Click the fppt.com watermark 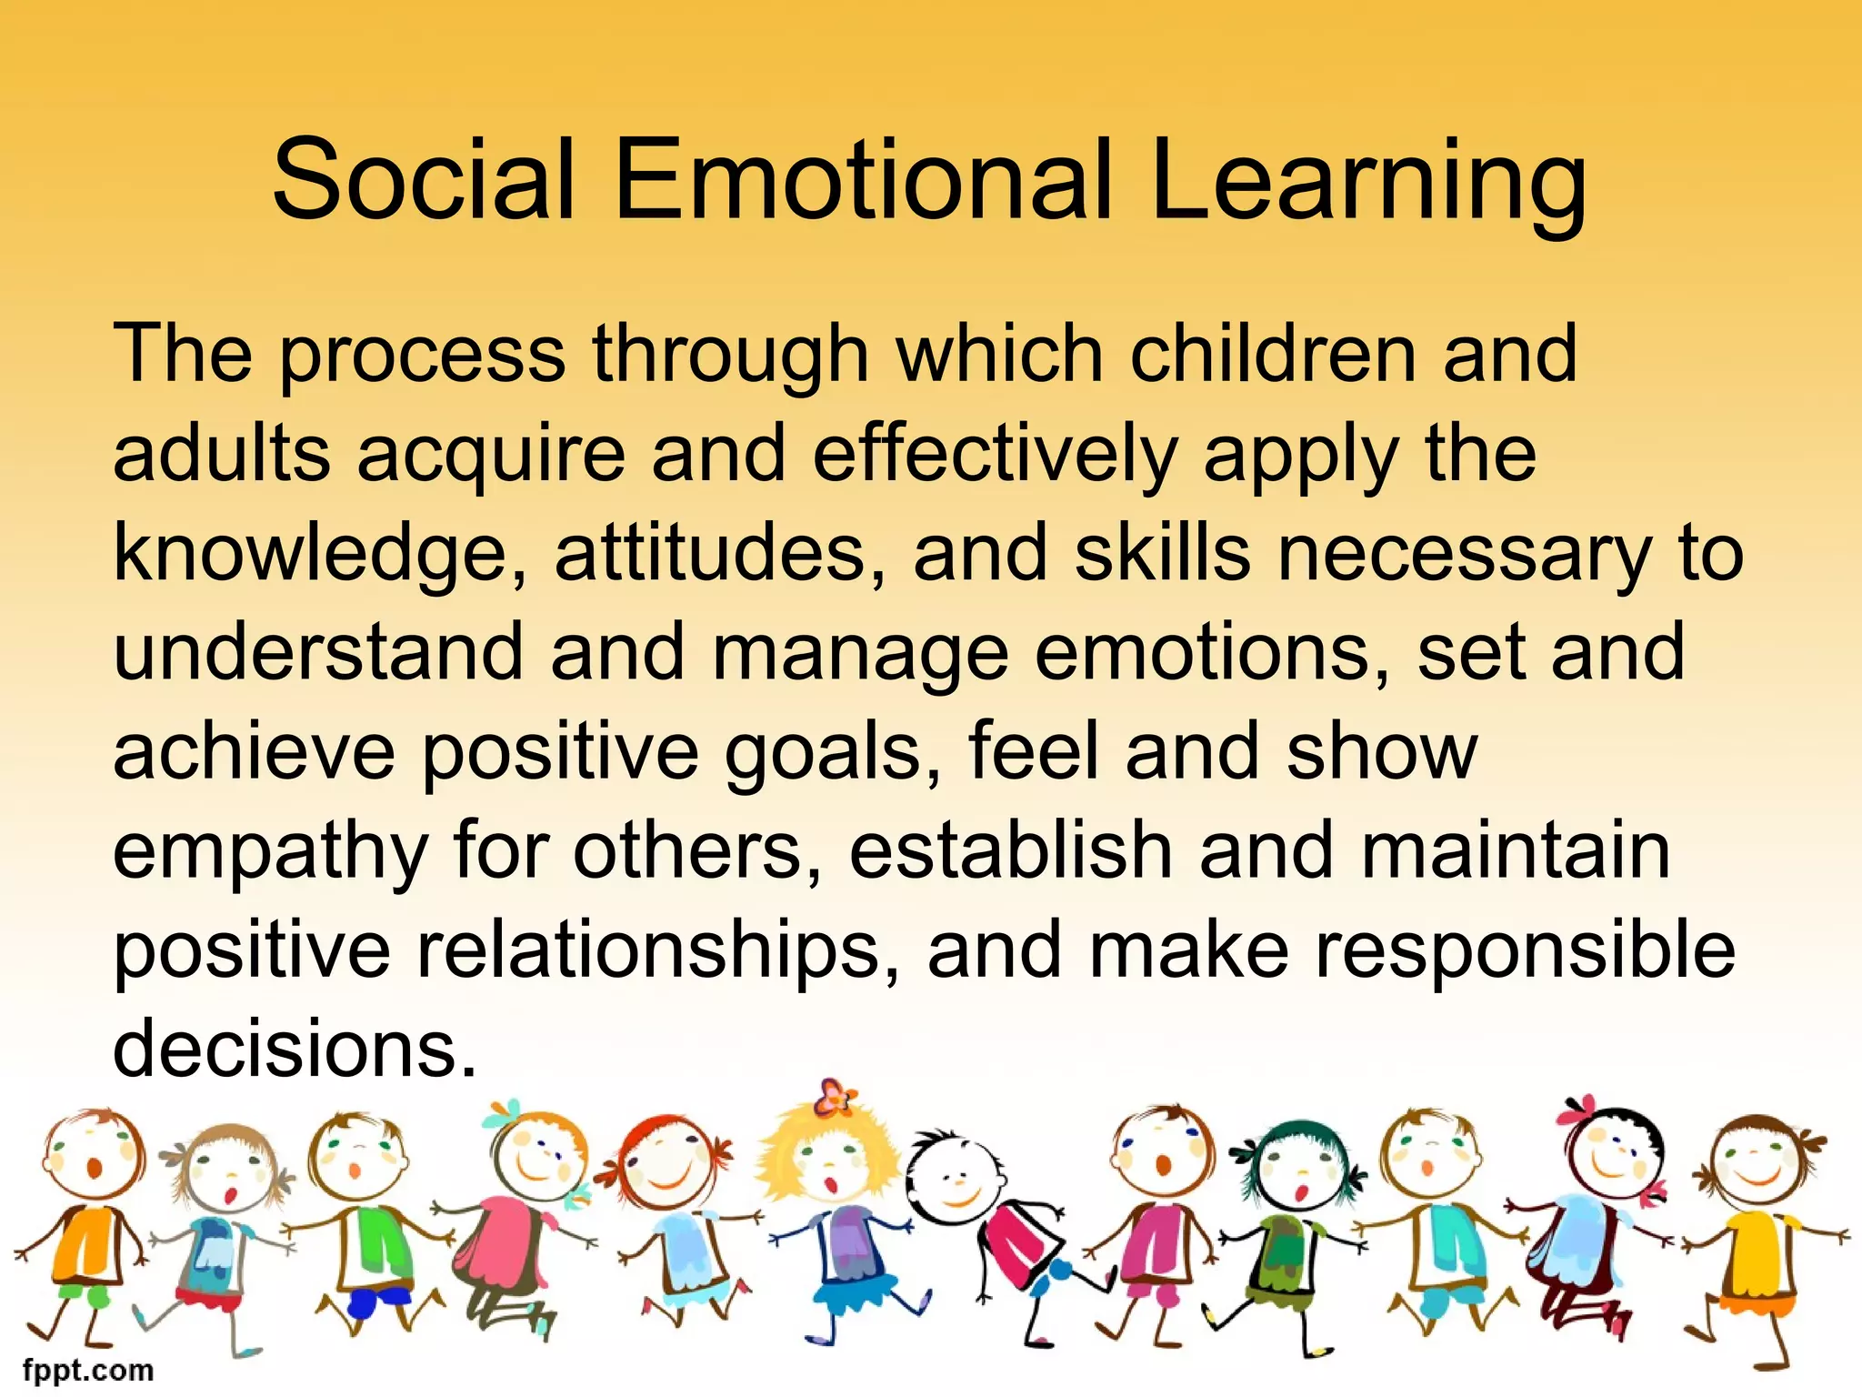tap(88, 1370)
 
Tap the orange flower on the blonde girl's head tap(835, 1097)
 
